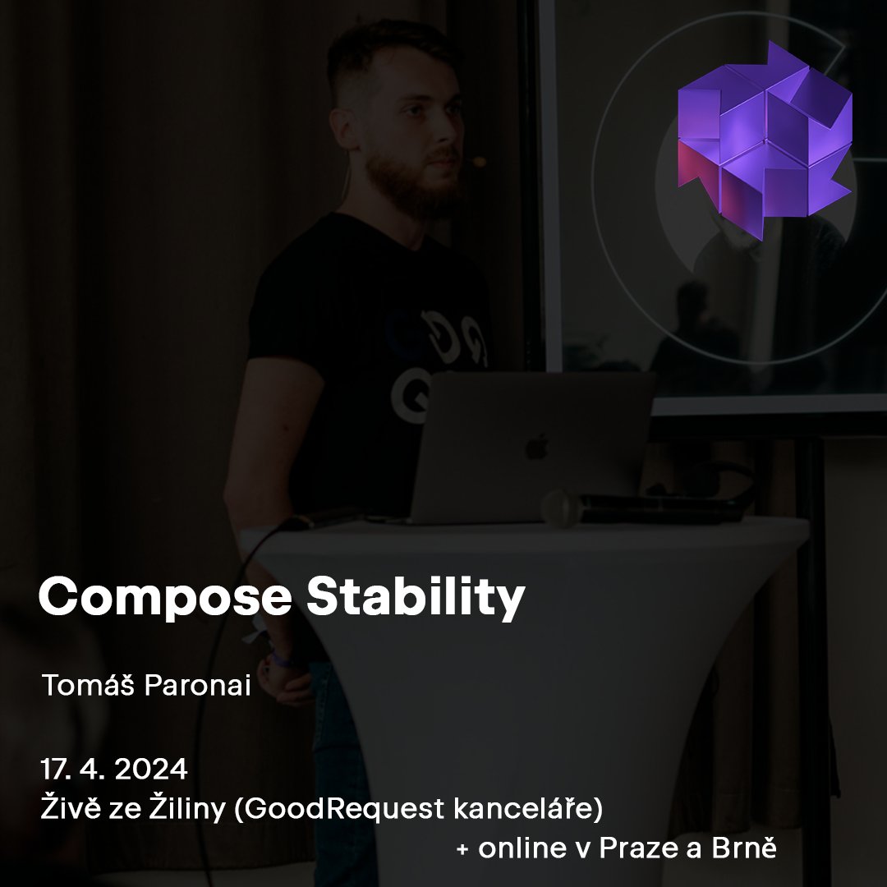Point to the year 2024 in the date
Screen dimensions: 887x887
(x=151, y=770)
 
